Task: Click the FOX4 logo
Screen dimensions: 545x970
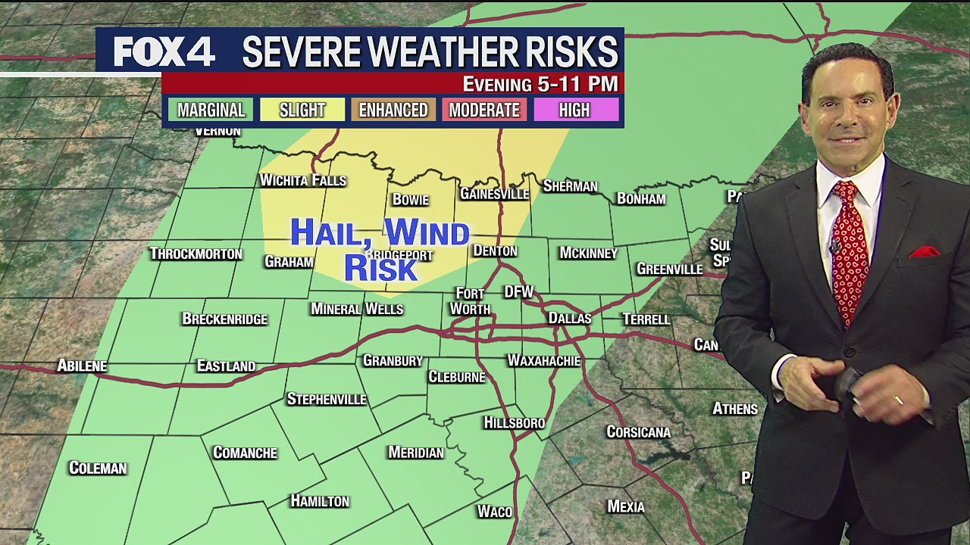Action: pos(164,51)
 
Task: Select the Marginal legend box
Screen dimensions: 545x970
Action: pos(211,110)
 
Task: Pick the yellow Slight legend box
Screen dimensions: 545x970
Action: pos(302,110)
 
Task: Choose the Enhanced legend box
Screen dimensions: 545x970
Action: pos(393,110)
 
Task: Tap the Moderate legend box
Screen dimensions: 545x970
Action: pos(484,110)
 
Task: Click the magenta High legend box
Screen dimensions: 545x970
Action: pos(574,110)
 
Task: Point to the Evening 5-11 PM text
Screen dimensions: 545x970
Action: pos(540,84)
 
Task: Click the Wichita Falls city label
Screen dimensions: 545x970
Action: pos(302,180)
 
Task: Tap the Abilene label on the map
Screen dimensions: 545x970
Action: pos(82,366)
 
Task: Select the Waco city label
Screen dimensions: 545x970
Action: pos(494,512)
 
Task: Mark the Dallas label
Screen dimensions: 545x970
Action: pos(569,319)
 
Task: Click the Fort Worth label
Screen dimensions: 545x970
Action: pos(471,301)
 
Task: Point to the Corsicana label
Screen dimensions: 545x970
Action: pos(638,432)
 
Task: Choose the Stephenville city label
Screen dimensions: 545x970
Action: pos(326,399)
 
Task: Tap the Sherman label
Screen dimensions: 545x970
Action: pos(570,186)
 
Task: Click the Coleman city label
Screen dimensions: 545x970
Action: pos(97,469)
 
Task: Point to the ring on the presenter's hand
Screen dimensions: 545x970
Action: pos(899,400)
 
